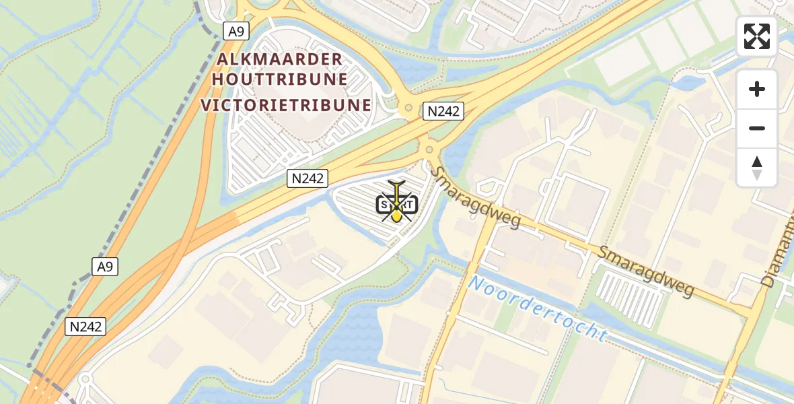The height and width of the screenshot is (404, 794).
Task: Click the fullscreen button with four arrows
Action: (x=757, y=36)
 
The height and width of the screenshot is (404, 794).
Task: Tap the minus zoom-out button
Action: (x=757, y=129)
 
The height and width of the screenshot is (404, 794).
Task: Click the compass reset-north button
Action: (x=757, y=168)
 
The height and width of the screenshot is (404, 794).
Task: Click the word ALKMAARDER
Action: (x=280, y=60)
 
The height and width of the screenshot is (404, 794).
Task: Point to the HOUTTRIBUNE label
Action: (x=280, y=79)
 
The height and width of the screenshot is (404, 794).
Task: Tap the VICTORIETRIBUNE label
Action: (x=286, y=106)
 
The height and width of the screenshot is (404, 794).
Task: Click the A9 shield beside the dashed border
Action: (x=105, y=267)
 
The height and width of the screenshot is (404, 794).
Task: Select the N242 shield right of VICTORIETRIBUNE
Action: (x=443, y=111)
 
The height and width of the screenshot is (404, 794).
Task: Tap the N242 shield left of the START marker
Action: (x=308, y=178)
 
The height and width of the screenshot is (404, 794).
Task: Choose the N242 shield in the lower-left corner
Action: (x=86, y=327)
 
